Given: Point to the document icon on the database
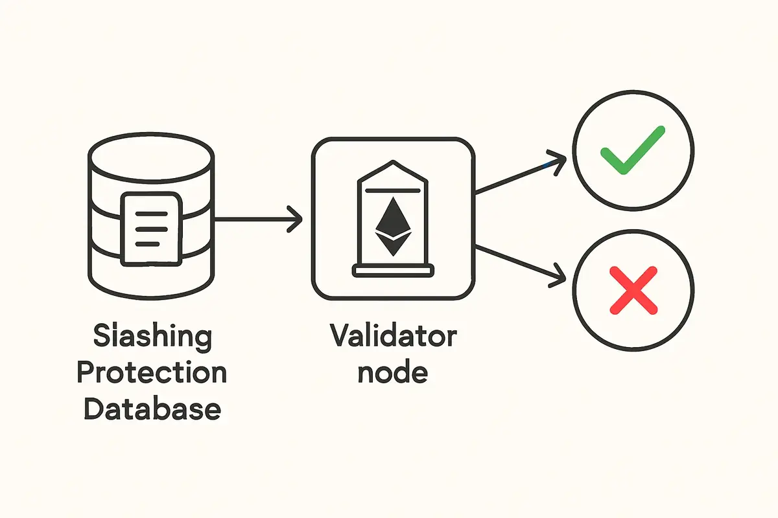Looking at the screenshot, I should (150, 227).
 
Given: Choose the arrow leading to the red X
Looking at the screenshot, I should (519, 264).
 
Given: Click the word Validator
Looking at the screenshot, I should (393, 338).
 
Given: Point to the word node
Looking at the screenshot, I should (394, 373).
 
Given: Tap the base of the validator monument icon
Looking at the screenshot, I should (393, 271).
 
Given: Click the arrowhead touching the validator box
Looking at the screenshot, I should (296, 220).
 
